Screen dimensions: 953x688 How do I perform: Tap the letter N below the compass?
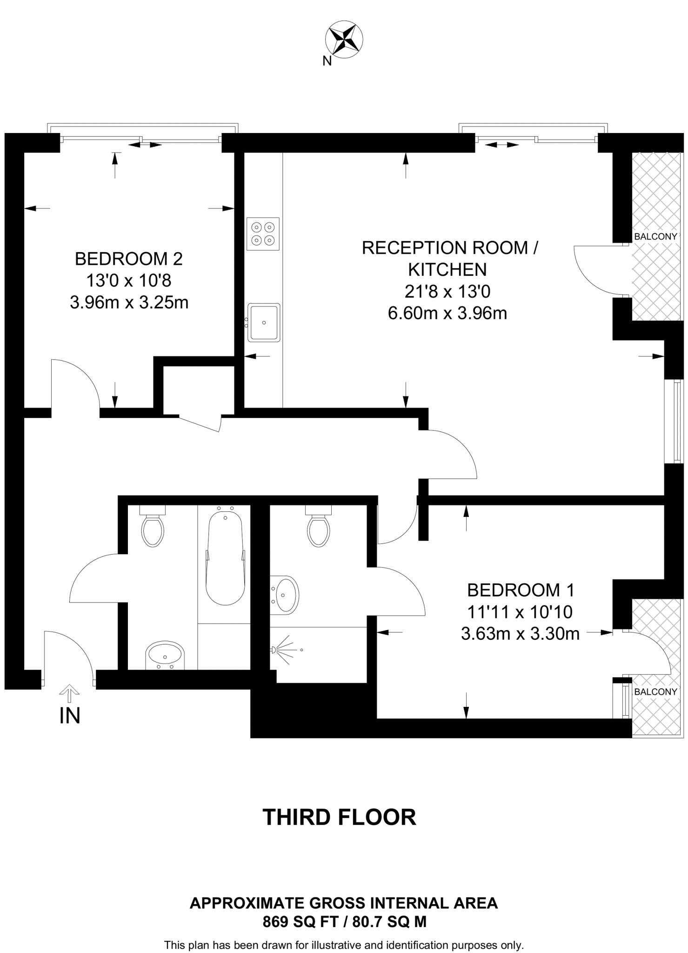327,61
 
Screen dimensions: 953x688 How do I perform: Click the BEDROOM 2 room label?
129,259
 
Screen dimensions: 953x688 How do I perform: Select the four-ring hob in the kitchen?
263,234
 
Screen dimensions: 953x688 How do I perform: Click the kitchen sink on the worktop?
264,322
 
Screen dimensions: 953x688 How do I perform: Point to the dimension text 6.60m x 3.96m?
447,313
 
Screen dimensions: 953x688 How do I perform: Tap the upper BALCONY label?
655,236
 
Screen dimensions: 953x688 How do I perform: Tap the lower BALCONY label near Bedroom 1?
655,691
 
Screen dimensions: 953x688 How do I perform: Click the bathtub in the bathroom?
225,558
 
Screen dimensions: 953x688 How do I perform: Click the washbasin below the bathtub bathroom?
165,655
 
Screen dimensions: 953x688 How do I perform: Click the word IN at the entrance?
70,716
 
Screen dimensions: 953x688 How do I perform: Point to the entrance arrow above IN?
69,693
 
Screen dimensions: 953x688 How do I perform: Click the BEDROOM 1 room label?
521,590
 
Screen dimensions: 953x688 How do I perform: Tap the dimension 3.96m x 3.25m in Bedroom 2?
129,303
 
